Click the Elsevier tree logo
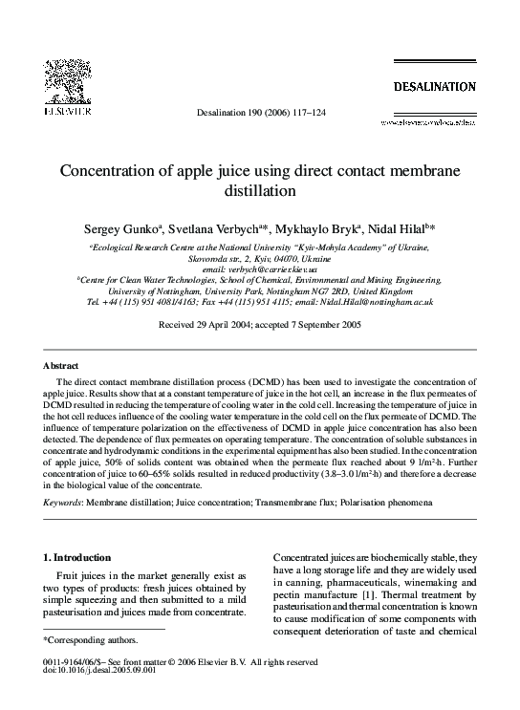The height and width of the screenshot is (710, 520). click(66, 80)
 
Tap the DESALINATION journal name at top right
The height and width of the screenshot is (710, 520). click(434, 87)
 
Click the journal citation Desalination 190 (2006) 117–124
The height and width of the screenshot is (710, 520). click(260, 113)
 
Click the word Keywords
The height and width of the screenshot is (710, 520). click(63, 502)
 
